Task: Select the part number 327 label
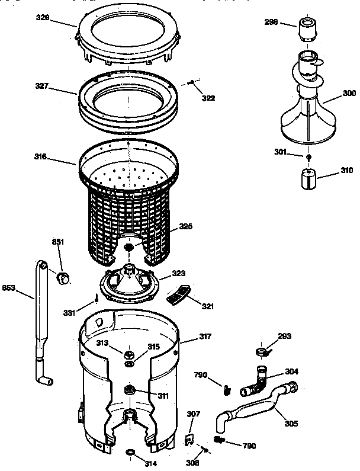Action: click(41, 86)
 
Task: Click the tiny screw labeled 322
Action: click(191, 82)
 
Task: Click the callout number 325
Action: click(186, 226)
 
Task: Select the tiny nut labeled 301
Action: click(308, 156)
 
